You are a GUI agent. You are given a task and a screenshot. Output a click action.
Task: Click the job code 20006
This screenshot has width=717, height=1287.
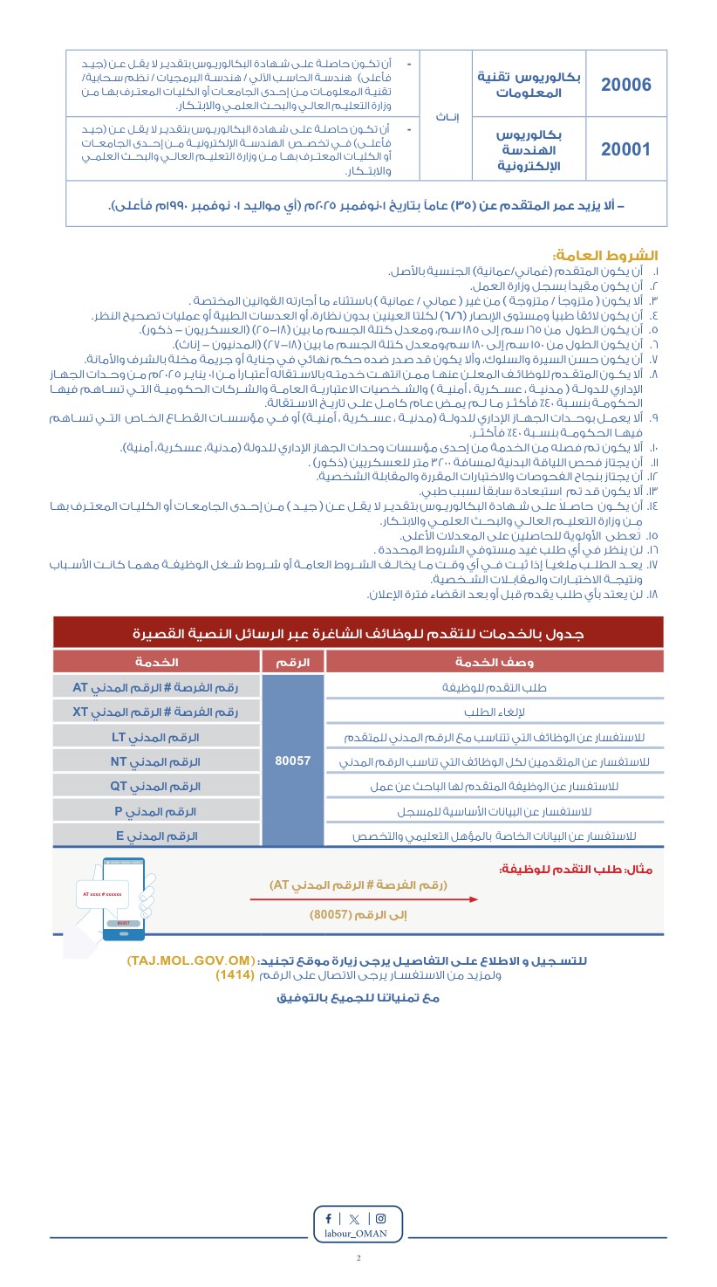point(626,85)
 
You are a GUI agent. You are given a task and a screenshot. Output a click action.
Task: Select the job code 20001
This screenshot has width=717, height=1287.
point(626,148)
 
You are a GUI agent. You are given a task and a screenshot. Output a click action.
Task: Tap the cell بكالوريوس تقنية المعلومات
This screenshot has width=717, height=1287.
point(529,84)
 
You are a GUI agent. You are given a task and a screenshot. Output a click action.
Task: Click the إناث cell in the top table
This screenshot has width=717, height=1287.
point(447,116)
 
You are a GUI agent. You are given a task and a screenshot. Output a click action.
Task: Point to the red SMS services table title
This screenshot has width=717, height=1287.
point(358,632)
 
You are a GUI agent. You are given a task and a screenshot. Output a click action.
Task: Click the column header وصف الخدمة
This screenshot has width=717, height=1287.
point(495,662)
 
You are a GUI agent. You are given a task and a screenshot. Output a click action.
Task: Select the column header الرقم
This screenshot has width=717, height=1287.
point(293,662)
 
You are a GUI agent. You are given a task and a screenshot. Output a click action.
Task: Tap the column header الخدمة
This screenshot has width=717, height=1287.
point(157,662)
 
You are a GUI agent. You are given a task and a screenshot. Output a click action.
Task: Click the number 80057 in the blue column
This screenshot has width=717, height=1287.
point(293,760)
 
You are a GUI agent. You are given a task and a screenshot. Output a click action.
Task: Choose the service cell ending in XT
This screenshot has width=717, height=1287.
point(157,712)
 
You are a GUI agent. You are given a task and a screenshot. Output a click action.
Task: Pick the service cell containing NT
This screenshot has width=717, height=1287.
point(157,761)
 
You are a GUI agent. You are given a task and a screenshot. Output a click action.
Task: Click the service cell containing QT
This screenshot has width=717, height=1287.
point(157,786)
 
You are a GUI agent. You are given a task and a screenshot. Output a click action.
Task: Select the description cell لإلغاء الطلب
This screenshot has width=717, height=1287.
point(495,712)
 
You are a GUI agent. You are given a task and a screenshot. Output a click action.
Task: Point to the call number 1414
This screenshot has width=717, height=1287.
point(235,974)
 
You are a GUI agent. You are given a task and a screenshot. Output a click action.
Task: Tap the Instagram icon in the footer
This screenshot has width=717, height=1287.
point(380,1218)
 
